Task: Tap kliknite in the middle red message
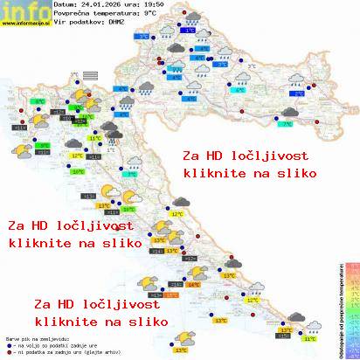coord(35,243)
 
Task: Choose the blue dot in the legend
coord(7,345)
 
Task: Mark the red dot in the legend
coord(7,353)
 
